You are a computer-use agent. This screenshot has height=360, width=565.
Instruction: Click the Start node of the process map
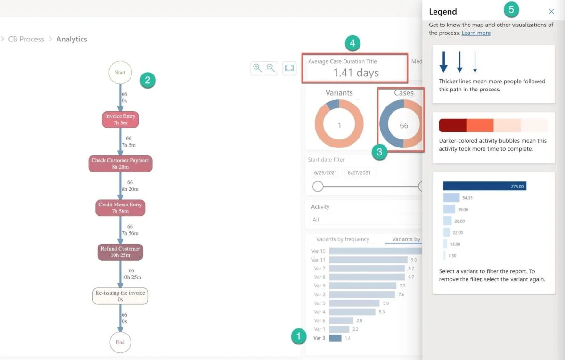click(x=120, y=72)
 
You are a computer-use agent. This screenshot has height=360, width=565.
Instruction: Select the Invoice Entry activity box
click(x=120, y=119)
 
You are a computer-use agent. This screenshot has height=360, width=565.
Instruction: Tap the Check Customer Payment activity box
click(x=120, y=164)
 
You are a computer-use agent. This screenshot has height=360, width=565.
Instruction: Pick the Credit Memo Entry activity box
click(x=120, y=208)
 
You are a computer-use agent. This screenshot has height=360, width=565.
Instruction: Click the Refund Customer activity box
click(x=120, y=252)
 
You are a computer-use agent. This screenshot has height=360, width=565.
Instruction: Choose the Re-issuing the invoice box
click(x=120, y=296)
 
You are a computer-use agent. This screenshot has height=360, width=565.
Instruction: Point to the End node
click(x=120, y=342)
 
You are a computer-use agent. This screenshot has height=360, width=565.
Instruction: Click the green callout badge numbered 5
click(x=511, y=10)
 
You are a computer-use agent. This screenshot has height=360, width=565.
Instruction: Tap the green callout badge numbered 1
click(x=298, y=336)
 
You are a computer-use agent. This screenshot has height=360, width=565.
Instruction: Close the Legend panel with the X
click(x=551, y=11)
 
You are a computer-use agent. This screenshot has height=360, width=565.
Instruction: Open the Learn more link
click(x=476, y=33)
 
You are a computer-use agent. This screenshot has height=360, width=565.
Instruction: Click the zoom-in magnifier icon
click(x=257, y=68)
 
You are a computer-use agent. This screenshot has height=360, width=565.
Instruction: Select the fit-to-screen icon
click(x=289, y=68)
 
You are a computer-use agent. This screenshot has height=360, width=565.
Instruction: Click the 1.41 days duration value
click(x=356, y=73)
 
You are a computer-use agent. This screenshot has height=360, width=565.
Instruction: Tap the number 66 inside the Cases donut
click(x=404, y=125)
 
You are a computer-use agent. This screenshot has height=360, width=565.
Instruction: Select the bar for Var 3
click(x=335, y=338)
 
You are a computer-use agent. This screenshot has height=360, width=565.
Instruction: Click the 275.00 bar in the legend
click(x=484, y=186)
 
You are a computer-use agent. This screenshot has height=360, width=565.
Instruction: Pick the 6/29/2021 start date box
click(x=325, y=172)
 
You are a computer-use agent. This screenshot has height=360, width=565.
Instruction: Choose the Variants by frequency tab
click(x=343, y=239)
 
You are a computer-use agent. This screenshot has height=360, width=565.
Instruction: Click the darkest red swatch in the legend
click(x=452, y=125)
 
